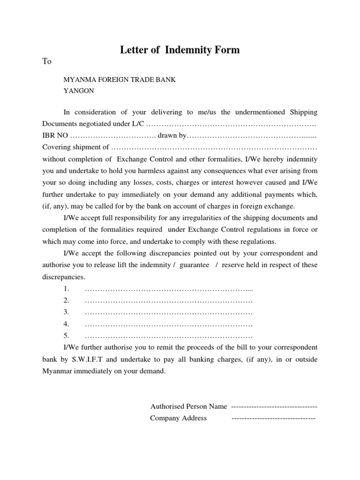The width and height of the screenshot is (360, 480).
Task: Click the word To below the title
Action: [x=47, y=61]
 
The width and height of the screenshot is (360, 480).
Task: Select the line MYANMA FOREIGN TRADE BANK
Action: [x=120, y=80]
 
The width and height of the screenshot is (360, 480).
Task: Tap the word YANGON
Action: [x=79, y=91]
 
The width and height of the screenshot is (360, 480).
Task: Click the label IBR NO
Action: [x=55, y=136]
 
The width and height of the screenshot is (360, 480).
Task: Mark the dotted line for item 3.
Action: [x=169, y=312]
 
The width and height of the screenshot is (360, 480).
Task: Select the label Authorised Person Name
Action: [x=188, y=406]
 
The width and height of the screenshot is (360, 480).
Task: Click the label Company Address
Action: [x=178, y=418]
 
